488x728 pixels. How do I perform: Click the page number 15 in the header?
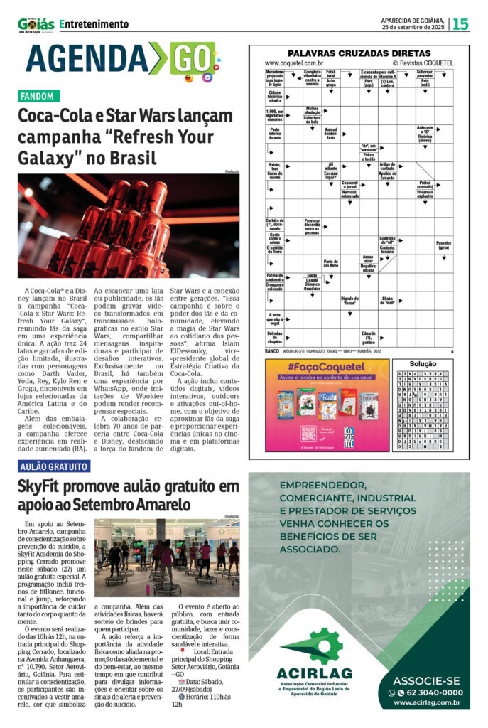(x=460, y=23)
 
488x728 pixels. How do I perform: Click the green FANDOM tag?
(x=39, y=96)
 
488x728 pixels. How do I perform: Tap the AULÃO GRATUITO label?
(x=53, y=467)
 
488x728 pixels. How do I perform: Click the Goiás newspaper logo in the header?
(x=36, y=23)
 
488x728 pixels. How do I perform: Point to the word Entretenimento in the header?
(x=95, y=24)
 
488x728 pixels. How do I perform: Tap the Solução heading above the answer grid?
(x=423, y=363)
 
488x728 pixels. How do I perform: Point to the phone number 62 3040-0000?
(x=430, y=692)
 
